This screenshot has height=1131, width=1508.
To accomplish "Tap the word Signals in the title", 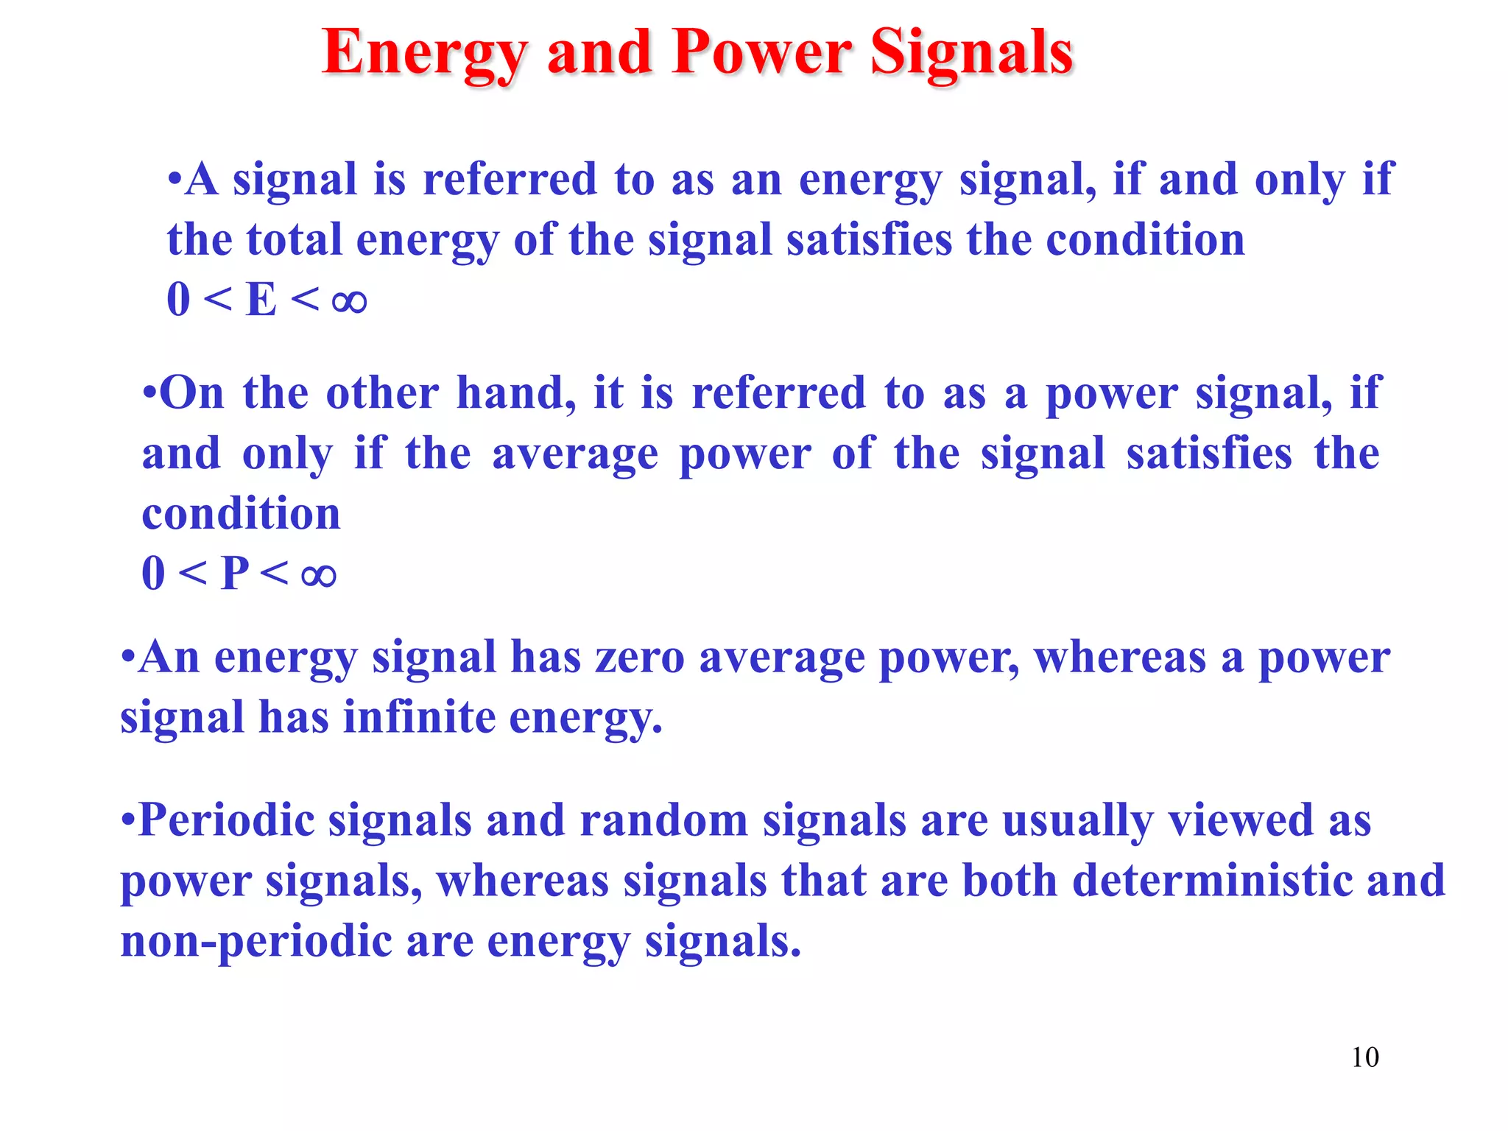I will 972,54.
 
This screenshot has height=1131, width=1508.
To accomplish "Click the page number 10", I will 1364,1057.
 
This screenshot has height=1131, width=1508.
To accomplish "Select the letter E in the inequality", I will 261,300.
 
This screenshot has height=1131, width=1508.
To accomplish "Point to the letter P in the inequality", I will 235,573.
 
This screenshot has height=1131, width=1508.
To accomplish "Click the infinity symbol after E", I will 349,300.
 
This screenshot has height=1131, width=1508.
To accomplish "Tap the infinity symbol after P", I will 318,574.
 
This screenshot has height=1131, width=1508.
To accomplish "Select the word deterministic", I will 1213,881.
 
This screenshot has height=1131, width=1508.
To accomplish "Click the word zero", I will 640,658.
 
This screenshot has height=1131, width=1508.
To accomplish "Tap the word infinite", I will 419,717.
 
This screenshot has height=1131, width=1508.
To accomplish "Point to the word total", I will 294,240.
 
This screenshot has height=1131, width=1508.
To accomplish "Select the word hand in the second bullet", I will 515,393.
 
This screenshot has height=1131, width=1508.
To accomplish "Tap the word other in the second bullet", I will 382,393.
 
